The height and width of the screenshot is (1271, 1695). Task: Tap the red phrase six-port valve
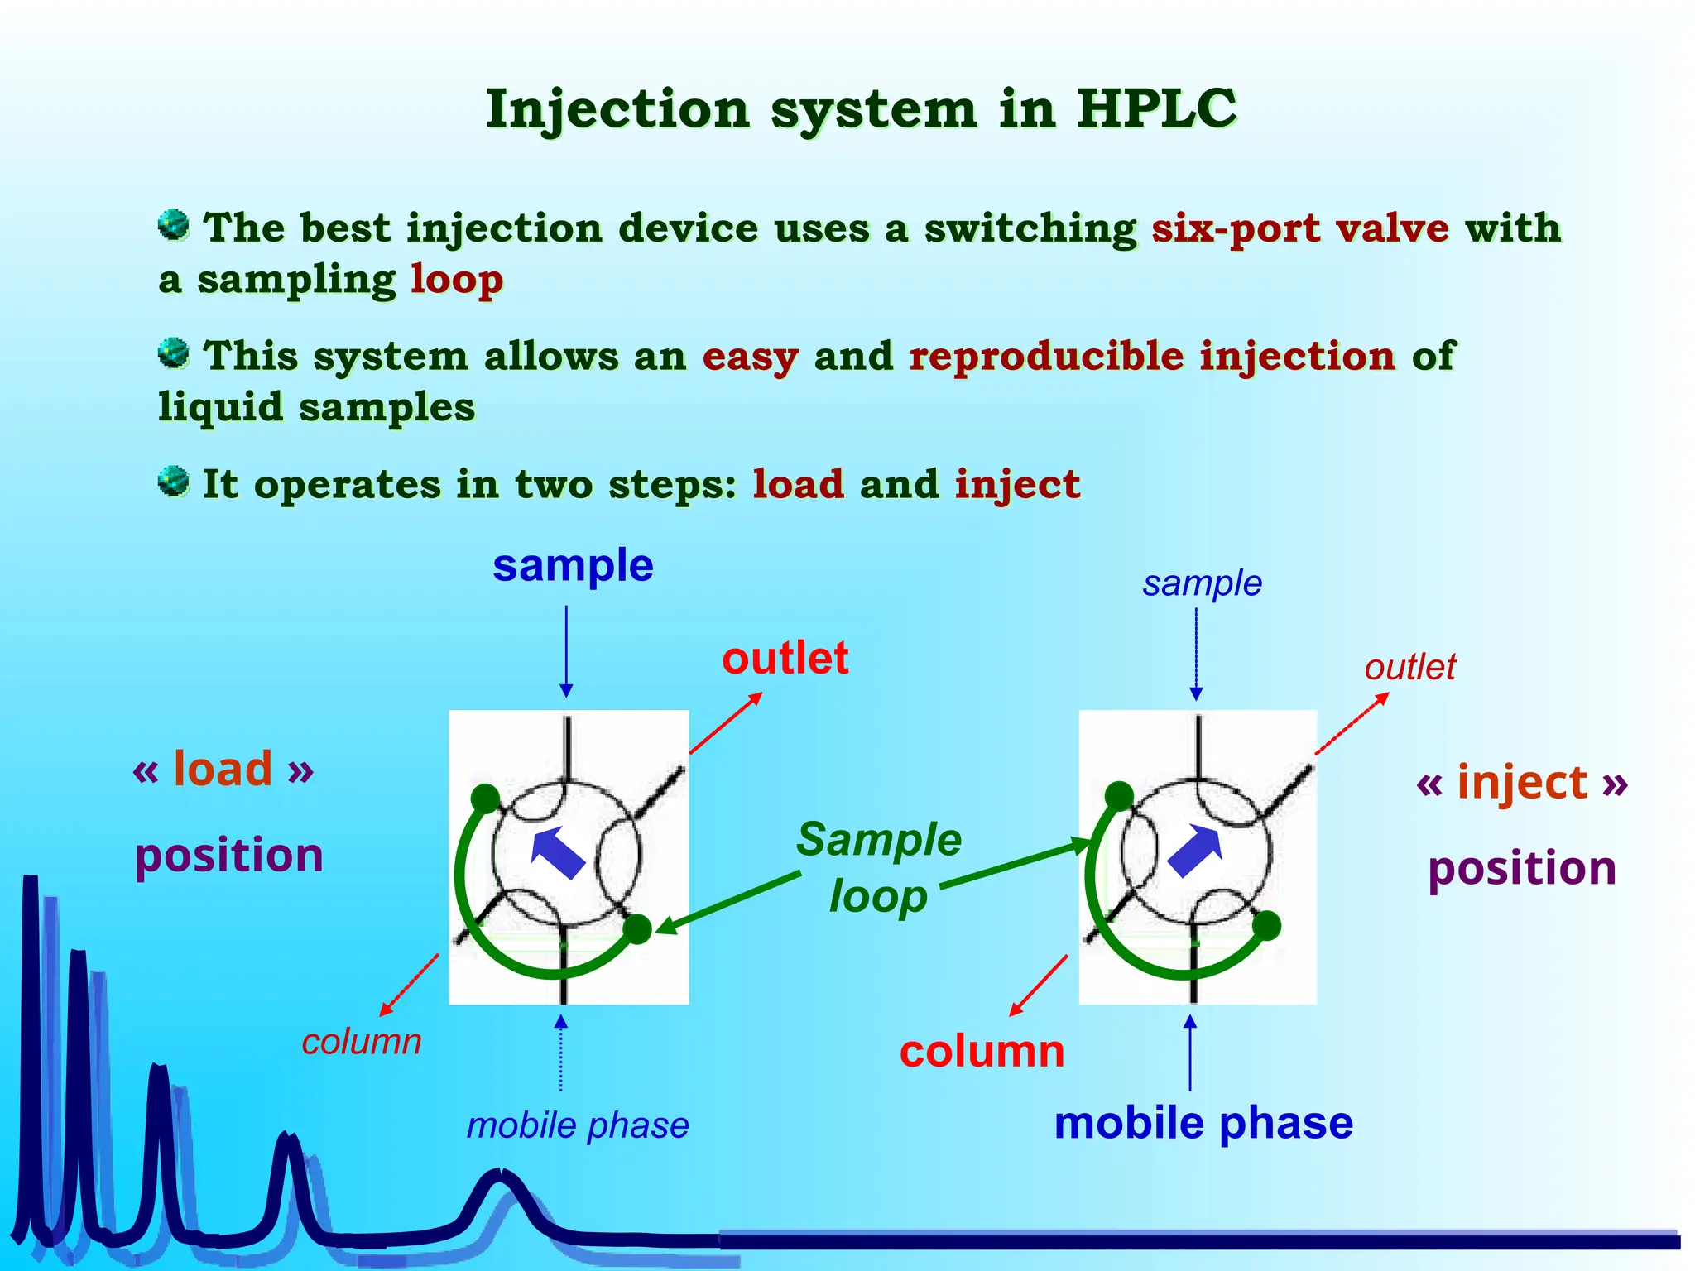1300,228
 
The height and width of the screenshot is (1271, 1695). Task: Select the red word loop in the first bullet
457,280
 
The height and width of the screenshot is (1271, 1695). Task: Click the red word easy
750,357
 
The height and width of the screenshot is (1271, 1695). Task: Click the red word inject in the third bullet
1017,484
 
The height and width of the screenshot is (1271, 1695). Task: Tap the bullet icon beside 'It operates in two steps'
174,481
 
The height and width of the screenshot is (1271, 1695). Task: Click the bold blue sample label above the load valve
573,566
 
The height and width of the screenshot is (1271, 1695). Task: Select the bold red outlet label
785,659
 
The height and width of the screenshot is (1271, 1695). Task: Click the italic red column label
362,1042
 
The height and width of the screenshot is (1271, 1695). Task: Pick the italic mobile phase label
578,1125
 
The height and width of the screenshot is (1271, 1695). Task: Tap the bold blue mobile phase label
1203,1124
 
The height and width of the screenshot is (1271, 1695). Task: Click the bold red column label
982,1052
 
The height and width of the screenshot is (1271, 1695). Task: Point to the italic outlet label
1409,667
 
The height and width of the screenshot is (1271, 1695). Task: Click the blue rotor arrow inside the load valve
556,853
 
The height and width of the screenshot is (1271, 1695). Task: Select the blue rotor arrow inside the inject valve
1195,850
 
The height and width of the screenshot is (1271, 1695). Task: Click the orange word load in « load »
223,769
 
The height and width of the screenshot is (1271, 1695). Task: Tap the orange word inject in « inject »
1522,782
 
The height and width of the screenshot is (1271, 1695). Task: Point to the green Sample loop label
879,867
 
